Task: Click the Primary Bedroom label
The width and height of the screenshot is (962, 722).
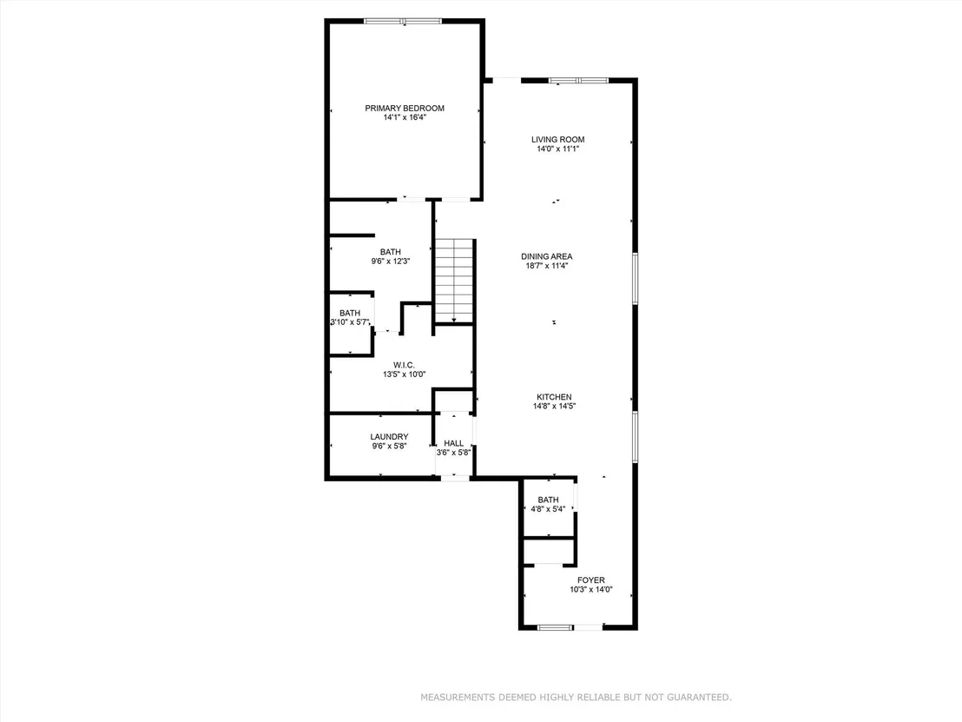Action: [405, 108]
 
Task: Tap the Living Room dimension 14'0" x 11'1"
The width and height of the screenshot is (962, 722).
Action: [557, 149]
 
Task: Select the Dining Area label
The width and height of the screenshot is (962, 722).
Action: [547, 256]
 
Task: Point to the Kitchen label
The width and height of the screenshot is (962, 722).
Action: [554, 397]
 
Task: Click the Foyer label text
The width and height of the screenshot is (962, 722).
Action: [590, 580]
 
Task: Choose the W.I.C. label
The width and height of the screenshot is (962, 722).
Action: [404, 365]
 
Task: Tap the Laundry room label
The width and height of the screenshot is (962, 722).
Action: [389, 437]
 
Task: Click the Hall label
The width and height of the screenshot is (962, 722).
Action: [454, 443]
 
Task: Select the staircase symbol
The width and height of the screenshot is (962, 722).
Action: [454, 281]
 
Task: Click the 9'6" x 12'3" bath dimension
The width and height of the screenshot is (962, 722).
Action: [390, 261]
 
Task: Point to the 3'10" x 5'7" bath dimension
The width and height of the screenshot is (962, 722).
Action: [350, 321]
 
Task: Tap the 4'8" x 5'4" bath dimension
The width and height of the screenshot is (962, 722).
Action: [548, 509]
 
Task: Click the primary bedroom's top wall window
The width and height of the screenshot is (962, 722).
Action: [403, 22]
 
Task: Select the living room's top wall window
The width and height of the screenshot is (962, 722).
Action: [578, 81]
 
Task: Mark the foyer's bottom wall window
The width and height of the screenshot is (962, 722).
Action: [555, 627]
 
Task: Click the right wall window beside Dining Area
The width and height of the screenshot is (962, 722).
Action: [635, 278]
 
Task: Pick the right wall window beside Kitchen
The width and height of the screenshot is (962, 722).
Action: [635, 436]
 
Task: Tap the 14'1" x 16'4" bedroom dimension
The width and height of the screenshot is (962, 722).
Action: [405, 117]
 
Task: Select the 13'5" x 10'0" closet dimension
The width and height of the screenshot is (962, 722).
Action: [405, 374]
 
